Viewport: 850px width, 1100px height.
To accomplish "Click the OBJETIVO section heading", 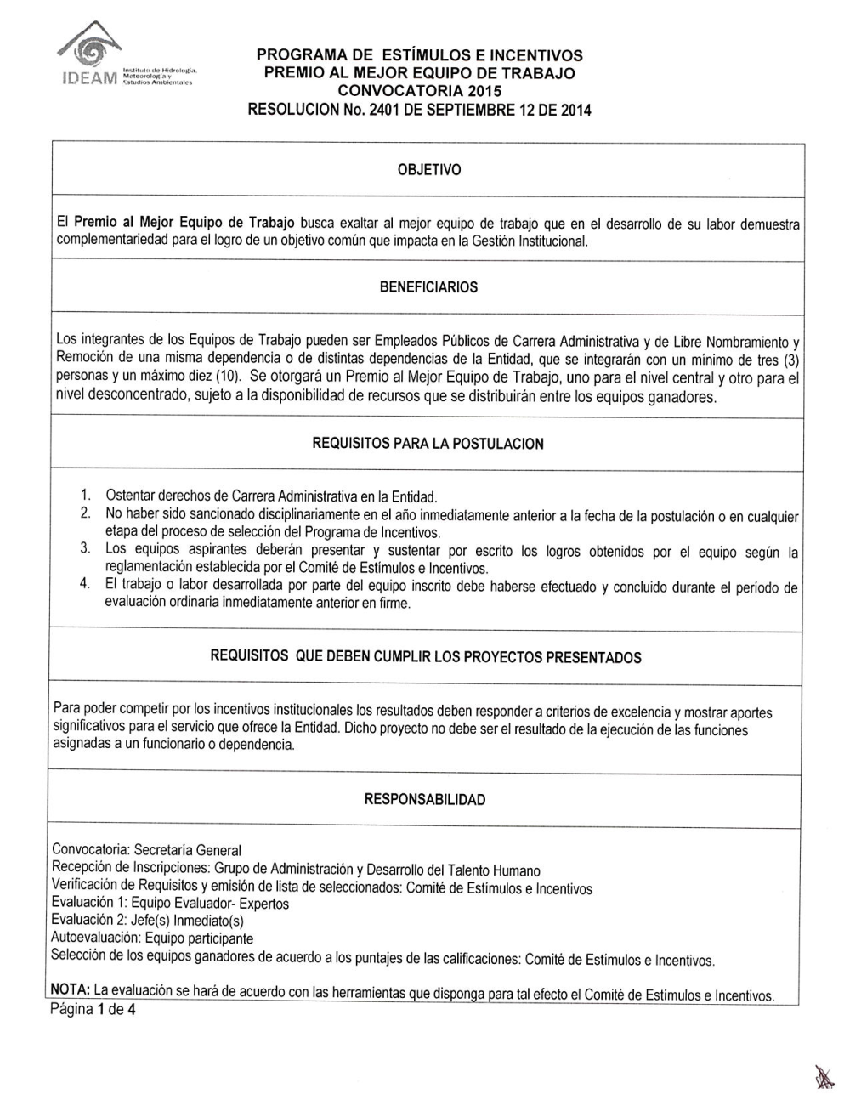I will (x=428, y=170).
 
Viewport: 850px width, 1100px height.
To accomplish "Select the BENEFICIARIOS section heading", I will (x=428, y=287).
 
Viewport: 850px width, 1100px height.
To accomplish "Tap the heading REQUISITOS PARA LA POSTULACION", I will (x=428, y=444).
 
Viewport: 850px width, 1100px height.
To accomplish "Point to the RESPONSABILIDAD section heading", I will (x=425, y=800).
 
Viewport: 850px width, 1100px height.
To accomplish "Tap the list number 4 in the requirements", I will (x=85, y=585).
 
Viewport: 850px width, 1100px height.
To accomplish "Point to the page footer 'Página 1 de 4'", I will (x=93, y=1010).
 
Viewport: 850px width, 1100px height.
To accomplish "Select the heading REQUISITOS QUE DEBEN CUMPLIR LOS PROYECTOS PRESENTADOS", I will (x=425, y=658).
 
